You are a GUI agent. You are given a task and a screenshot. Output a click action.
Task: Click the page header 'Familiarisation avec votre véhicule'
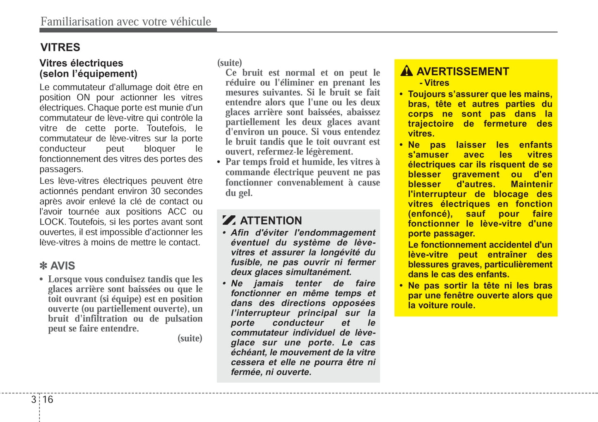pos(125,22)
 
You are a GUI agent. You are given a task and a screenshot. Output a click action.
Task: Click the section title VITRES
pos(60,47)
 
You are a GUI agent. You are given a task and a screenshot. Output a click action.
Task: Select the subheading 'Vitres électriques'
pos(81,63)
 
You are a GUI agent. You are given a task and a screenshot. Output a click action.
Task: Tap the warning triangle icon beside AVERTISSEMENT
pos(406,71)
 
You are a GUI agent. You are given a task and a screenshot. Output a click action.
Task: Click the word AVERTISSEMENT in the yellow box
pos(463,72)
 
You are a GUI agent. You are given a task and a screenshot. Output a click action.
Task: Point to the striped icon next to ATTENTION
pos(229,220)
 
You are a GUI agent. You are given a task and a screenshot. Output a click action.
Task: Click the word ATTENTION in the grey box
pos(271,221)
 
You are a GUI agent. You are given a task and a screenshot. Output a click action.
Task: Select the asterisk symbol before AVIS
pos(43,266)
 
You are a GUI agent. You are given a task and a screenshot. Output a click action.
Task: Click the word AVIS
pos(63,266)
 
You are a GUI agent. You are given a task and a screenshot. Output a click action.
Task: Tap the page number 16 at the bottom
pos(48,400)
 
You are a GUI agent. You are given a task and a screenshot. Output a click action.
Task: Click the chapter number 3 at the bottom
pos(34,400)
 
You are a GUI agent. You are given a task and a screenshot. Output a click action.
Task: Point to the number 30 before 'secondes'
pos(156,191)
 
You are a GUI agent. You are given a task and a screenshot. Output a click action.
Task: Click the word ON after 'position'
pos(83,98)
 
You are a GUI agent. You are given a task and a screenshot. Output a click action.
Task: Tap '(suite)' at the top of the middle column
pos(230,63)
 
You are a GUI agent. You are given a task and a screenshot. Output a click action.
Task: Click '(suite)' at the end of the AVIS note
pos(190,338)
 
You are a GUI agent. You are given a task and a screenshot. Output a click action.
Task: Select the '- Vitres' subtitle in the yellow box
pos(434,83)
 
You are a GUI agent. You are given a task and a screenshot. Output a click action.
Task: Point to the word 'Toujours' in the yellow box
pos(426,94)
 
